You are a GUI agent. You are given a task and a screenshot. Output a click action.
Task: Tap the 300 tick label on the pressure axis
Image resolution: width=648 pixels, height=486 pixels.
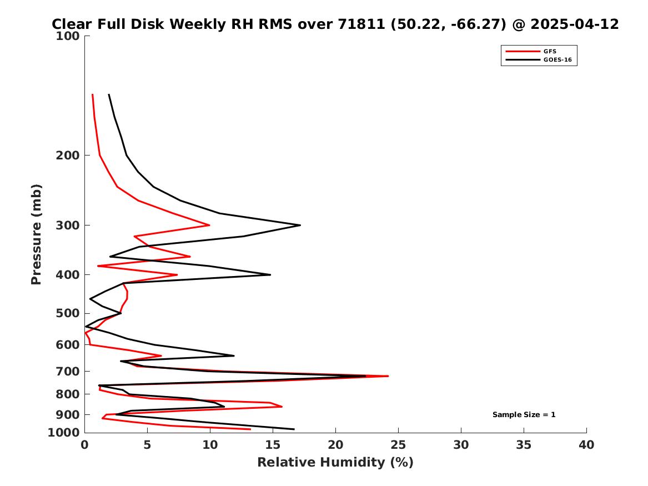point(67,226)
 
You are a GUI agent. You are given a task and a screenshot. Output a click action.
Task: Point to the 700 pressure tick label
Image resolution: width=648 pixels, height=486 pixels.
point(67,372)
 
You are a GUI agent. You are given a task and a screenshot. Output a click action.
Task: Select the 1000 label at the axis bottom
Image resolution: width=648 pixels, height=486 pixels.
point(64,433)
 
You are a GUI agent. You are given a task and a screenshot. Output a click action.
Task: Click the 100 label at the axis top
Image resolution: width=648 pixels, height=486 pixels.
point(67,36)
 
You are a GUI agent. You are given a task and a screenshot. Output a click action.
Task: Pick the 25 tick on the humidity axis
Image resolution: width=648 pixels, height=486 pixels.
point(398,445)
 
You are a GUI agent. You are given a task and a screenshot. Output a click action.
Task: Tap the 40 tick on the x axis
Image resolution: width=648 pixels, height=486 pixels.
point(586,445)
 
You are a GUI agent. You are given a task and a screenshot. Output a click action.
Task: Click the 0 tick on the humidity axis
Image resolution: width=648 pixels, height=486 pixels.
point(85,445)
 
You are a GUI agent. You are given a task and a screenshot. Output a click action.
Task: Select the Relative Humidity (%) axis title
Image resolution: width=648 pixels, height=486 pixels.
point(335,462)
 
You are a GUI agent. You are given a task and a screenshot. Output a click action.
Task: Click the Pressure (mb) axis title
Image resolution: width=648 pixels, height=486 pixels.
point(36,234)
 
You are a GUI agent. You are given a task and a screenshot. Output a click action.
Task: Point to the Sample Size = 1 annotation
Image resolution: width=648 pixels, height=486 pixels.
point(524,414)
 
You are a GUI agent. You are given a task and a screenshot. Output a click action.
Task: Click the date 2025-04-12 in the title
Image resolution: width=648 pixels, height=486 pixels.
point(575,24)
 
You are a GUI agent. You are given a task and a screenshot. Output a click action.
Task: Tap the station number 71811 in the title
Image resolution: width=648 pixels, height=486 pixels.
point(361,24)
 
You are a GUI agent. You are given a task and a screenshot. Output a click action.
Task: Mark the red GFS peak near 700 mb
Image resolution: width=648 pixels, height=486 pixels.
point(388,376)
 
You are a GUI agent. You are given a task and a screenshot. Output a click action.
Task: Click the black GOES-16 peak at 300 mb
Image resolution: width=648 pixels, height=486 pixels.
point(300,226)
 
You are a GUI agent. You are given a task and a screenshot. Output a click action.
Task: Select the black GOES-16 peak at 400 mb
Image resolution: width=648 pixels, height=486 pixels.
point(270,274)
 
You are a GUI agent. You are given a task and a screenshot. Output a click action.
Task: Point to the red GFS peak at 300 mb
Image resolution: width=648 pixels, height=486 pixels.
point(209,226)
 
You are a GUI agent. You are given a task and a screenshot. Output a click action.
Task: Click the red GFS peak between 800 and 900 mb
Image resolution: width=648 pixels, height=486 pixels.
point(282,406)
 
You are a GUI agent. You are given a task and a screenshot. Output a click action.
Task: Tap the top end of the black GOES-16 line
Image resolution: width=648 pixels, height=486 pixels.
point(109,94)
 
